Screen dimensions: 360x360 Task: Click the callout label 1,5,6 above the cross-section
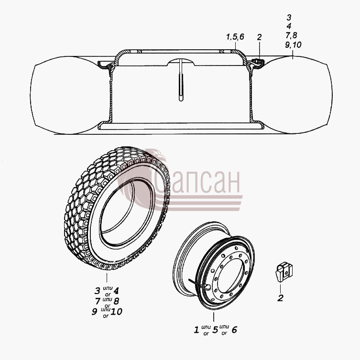click(235, 37)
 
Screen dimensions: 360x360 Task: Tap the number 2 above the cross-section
click(259, 37)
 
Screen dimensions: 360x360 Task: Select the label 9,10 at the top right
click(293, 44)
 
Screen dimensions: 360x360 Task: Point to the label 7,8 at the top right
click(291, 35)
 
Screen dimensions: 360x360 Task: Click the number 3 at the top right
click(289, 17)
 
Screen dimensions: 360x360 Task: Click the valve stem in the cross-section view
click(181, 80)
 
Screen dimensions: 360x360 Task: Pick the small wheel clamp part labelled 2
click(284, 272)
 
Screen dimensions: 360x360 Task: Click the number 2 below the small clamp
click(280, 298)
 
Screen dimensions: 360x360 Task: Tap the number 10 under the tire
click(116, 312)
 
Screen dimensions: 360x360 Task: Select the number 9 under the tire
click(94, 312)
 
